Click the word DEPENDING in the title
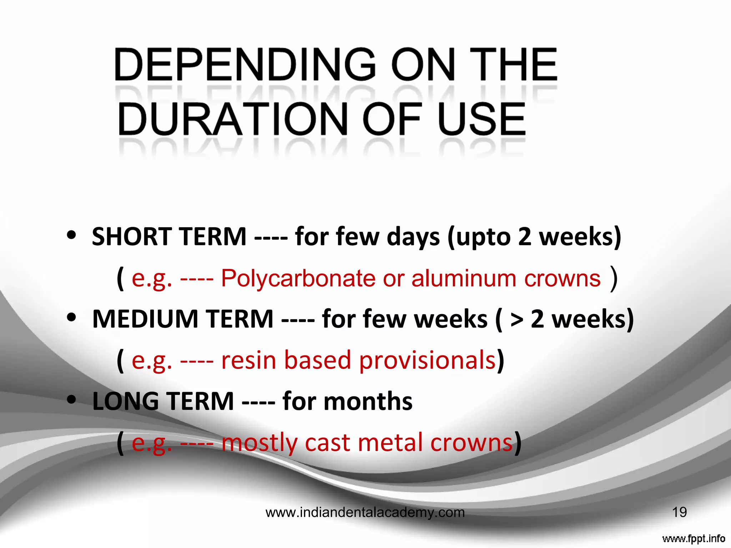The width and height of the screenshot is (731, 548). click(245, 65)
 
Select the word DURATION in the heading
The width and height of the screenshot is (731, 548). click(232, 119)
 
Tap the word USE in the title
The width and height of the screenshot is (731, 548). click(482, 119)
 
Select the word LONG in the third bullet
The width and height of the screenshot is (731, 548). click(125, 401)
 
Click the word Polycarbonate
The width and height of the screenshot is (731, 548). click(298, 278)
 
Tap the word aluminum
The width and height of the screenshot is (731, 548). click(464, 278)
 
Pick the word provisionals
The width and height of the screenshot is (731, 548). click(427, 360)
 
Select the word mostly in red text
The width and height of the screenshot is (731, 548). click(259, 443)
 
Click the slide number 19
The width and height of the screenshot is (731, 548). click(679, 512)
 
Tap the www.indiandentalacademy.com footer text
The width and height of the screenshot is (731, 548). click(365, 513)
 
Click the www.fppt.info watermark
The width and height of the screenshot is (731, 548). click(694, 538)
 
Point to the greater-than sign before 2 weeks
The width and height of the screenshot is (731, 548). click(516, 320)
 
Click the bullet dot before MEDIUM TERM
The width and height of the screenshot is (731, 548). click(72, 317)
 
